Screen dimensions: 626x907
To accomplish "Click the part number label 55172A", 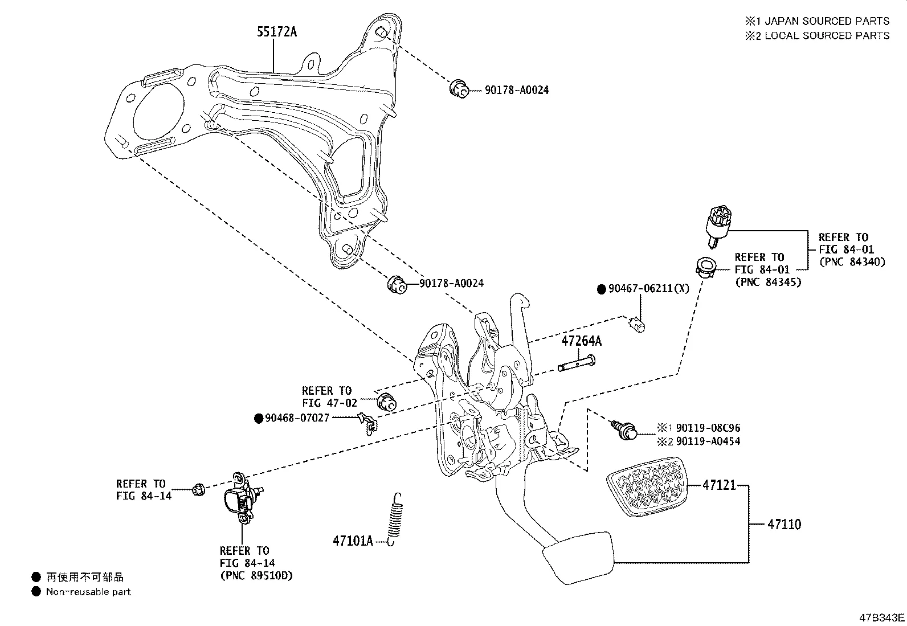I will pos(276,32).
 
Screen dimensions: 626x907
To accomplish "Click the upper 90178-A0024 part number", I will pos(517,90).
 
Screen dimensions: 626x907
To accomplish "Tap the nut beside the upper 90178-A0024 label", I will pos(459,89).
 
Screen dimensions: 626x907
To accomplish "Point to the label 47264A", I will pos(581,341).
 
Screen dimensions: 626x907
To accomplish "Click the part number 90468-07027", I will pos(297,418).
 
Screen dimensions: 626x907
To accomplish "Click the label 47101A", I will pos(353,541).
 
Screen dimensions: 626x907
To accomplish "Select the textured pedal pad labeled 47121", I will pos(647,490).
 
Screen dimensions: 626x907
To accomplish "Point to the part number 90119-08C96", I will pos(708,428).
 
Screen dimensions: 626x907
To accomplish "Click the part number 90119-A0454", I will pos(708,441).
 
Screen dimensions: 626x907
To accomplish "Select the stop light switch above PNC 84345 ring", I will pos(716,226).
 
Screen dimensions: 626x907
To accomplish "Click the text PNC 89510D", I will pos(256,575).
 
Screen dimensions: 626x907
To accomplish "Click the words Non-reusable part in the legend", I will pos(88,592).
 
